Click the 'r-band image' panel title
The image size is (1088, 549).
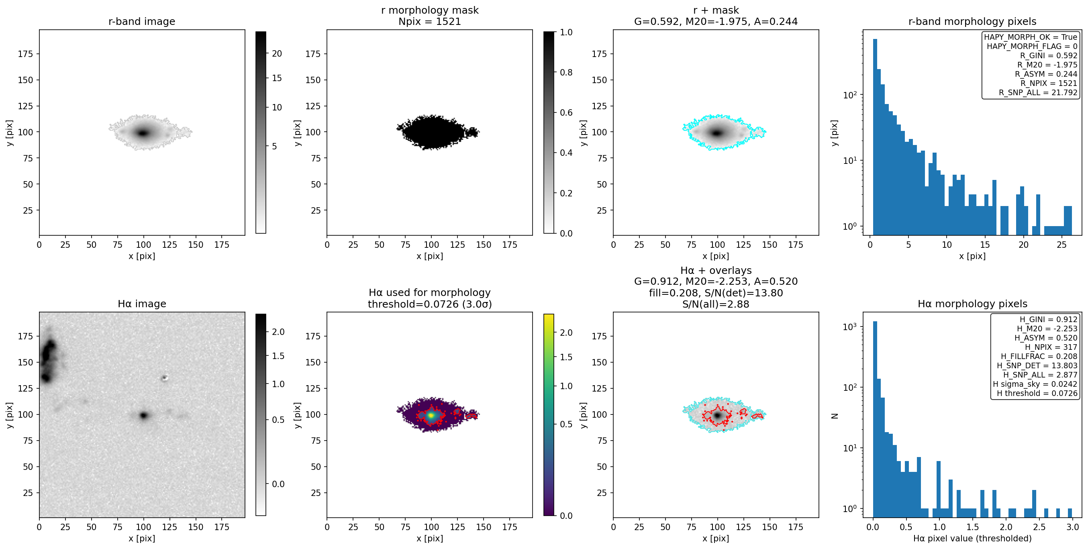click(x=141, y=22)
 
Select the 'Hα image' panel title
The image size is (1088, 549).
click(x=141, y=304)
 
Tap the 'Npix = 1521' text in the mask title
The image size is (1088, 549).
click(x=430, y=22)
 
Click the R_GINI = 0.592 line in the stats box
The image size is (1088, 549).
click(x=1049, y=56)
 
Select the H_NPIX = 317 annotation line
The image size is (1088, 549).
click(x=1051, y=347)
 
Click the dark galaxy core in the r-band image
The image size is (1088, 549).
click(x=143, y=133)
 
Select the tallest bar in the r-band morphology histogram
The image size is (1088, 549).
click(x=875, y=137)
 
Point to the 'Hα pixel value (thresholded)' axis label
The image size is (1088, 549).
click(x=972, y=539)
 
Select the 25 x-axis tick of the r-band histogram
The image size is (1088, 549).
click(x=1061, y=245)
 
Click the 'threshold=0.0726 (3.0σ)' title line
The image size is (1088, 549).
click(x=430, y=304)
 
